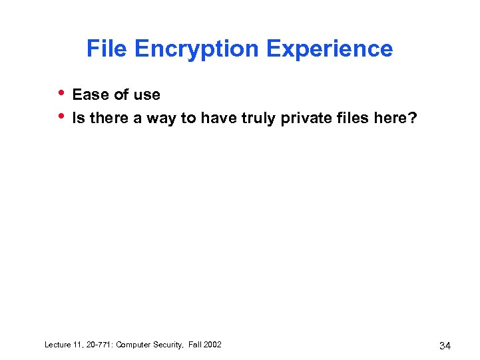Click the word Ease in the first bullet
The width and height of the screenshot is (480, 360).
pos(90,94)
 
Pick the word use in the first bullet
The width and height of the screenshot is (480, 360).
pos(147,94)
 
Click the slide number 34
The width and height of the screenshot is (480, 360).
pos(446,345)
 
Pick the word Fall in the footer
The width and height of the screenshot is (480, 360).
pos(198,344)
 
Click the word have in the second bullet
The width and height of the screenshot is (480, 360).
pos(215,118)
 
